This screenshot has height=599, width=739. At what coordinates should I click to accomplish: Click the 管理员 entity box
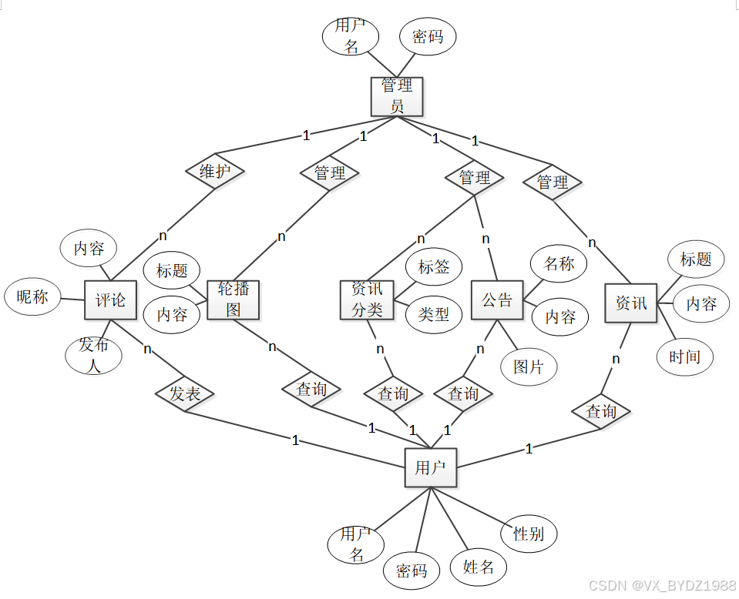pos(397,96)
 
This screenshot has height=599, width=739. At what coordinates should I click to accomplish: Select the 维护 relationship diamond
pos(215,171)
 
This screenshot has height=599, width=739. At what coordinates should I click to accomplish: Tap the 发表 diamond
pos(185,394)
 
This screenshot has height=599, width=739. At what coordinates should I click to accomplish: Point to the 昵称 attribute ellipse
pos(32,297)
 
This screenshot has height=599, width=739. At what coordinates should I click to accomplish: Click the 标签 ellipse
pos(434,267)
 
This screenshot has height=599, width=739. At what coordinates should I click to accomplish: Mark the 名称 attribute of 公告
pos(559,264)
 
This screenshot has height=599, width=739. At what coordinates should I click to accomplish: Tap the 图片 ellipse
pos(529,366)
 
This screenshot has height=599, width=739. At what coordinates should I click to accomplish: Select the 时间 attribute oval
pos(685,356)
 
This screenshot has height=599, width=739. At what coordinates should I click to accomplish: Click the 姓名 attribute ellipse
pos(479,567)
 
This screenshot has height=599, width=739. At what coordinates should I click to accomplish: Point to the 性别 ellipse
pos(529,534)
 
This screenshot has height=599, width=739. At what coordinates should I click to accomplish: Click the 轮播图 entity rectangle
pos(233,299)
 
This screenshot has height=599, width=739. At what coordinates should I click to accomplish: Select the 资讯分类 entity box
pos(367,299)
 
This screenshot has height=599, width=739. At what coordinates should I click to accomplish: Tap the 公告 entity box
pos(497,300)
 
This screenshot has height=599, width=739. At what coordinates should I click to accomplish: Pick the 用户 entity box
pos(430,467)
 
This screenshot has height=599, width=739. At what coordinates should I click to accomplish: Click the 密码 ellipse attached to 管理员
pos(428,37)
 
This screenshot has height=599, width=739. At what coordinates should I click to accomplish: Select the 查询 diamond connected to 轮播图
pos(311,390)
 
